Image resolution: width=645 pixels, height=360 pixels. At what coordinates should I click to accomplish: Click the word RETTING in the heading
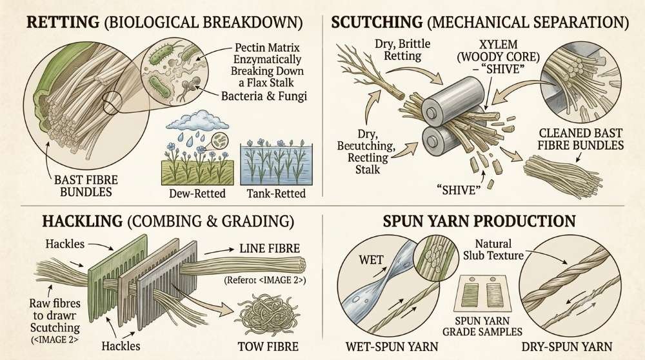click(x=63, y=22)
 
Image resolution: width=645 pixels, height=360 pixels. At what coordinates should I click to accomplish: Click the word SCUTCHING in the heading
click(x=377, y=22)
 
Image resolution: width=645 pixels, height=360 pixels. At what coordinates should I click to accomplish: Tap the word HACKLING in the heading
click(x=83, y=221)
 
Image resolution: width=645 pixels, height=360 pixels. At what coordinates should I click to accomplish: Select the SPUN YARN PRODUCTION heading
click(x=479, y=221)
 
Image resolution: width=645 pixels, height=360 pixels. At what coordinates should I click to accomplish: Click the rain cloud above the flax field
click(x=198, y=120)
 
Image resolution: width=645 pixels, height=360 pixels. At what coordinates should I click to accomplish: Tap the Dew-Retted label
click(x=197, y=194)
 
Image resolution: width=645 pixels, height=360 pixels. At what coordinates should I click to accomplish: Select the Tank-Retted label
click(x=276, y=194)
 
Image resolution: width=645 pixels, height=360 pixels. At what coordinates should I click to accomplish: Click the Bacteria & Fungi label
click(x=264, y=96)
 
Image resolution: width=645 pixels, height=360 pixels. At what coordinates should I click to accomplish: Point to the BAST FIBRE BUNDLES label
click(x=86, y=186)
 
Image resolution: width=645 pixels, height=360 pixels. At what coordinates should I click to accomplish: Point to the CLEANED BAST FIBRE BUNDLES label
click(x=581, y=139)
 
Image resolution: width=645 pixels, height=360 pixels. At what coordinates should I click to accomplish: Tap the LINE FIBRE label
click(x=270, y=248)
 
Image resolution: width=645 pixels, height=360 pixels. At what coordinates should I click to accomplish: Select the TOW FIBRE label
click(x=268, y=346)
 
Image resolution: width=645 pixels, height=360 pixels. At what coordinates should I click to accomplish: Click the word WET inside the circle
click(x=371, y=260)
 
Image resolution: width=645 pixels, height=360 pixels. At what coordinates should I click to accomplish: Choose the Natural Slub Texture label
click(x=493, y=250)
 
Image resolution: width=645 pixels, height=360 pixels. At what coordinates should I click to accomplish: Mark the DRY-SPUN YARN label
click(x=567, y=346)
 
